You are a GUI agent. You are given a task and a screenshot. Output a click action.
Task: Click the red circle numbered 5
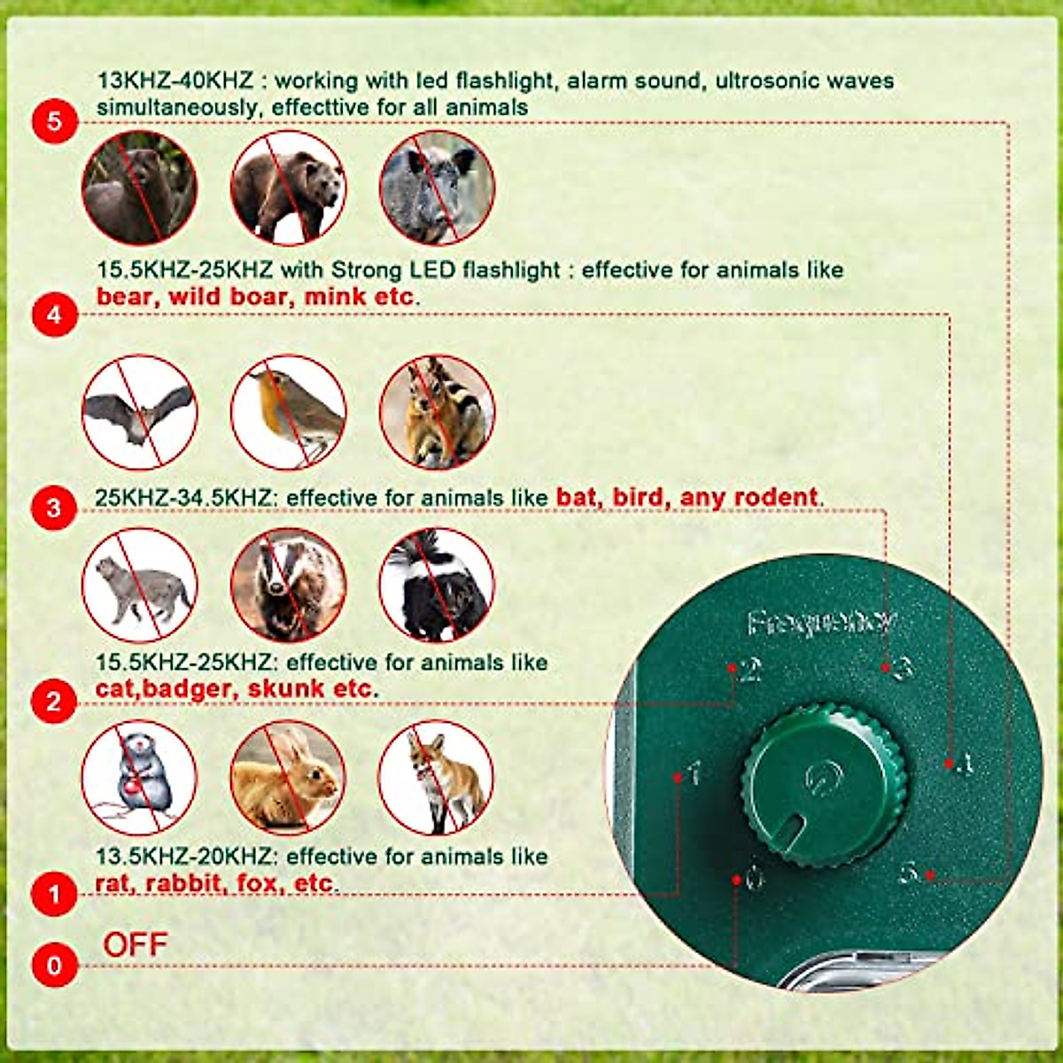[x=54, y=120]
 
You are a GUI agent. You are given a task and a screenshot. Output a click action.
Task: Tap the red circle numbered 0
[x=54, y=964]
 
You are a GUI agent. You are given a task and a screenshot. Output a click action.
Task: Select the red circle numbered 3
[x=54, y=508]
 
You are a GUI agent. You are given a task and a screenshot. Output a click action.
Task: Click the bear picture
[x=288, y=188]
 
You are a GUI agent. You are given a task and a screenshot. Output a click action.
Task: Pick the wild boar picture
[x=437, y=188]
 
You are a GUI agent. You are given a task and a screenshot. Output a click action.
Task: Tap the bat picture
[x=139, y=413]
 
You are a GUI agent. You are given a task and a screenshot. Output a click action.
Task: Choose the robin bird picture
[x=288, y=413]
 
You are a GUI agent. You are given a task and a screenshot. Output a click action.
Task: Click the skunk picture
[x=437, y=585]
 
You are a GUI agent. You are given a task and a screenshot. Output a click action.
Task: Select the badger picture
[x=288, y=585]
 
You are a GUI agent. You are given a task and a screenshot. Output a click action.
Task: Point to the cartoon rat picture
[x=139, y=778]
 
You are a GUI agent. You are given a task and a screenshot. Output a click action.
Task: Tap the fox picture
[x=437, y=778]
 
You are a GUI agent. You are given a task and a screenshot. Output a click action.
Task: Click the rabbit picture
[x=288, y=778]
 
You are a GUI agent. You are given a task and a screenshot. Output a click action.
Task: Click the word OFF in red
[x=135, y=944]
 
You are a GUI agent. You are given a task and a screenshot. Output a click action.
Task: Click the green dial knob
[x=823, y=785]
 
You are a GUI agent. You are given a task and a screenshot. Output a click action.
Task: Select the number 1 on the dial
[x=694, y=773]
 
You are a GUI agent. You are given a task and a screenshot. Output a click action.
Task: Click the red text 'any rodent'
[x=749, y=498]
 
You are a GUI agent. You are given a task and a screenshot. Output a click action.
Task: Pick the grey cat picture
[x=139, y=585]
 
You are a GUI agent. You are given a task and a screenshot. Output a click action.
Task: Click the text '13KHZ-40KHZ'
[x=175, y=81]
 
